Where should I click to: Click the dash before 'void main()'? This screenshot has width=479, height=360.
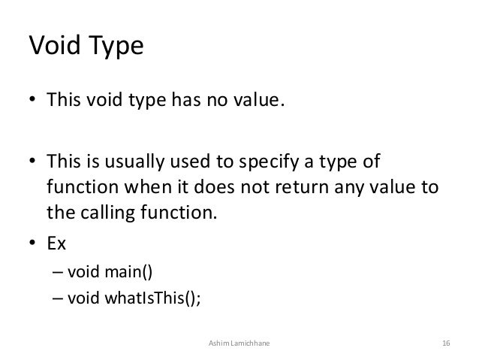[57, 271]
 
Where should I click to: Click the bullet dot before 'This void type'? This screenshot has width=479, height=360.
[32, 101]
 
